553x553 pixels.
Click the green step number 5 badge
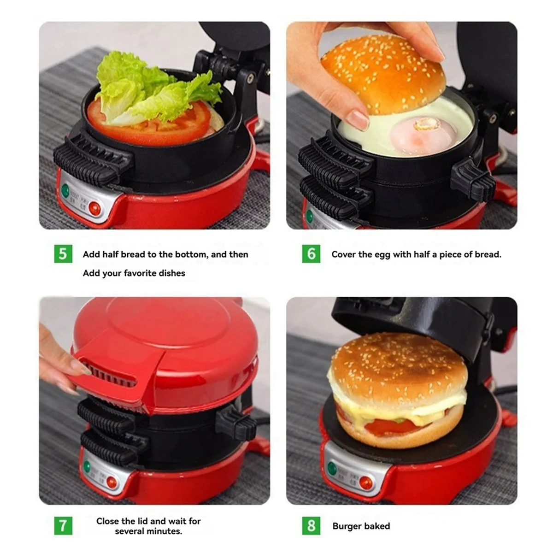tap(63, 254)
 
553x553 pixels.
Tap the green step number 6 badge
tap(312, 254)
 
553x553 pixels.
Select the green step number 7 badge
tap(63, 526)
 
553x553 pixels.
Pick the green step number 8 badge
tap(312, 526)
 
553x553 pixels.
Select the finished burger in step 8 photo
tap(396, 392)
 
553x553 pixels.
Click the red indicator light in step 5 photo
tap(95, 209)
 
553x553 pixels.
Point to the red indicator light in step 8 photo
tap(366, 483)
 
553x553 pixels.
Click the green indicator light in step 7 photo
tap(87, 466)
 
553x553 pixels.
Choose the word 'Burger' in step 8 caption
tap(347, 526)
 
